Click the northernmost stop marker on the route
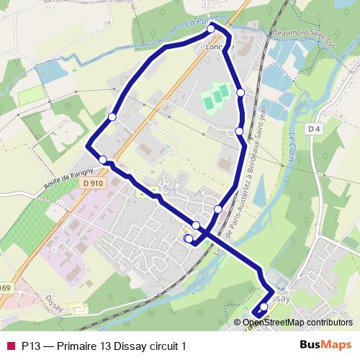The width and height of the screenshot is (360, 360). (x=212, y=28)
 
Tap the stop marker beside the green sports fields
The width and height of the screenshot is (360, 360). (x=240, y=92)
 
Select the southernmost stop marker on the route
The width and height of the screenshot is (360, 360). (x=264, y=307)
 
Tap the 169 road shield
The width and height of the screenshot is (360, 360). (x=5, y=289)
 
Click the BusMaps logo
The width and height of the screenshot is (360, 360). (x=326, y=346)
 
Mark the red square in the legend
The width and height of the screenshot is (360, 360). (x=11, y=346)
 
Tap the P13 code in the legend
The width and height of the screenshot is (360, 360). (x=30, y=346)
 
